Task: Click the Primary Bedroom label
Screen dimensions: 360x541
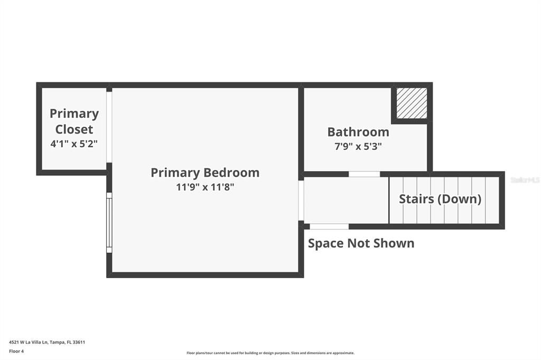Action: coord(205,173)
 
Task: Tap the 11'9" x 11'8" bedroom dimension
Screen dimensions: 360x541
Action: coord(205,187)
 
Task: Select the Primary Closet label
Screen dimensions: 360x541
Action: coord(74,121)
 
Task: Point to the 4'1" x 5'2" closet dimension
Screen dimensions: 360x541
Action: coord(74,144)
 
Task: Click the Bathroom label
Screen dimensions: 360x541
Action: coord(358,132)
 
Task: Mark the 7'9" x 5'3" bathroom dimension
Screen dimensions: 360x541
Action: coord(358,147)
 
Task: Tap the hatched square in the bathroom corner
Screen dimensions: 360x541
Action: coord(412,103)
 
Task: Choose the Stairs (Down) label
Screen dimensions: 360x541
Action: coord(440,199)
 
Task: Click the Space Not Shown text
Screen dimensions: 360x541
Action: coord(361,243)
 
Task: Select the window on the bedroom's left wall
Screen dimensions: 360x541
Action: coord(109,222)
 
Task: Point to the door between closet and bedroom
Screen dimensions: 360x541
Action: coord(109,127)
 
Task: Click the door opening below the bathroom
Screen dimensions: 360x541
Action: coord(364,174)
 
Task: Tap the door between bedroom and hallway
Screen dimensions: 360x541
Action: coord(301,201)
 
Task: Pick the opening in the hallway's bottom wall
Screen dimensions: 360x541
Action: coord(329,226)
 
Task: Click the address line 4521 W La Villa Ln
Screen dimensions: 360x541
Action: coord(47,342)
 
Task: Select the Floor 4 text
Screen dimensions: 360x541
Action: coord(16,351)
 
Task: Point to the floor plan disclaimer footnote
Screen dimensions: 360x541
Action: coord(270,353)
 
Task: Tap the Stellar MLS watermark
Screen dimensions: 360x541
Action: coord(525,180)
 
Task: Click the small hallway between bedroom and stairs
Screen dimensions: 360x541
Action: coord(346,201)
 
